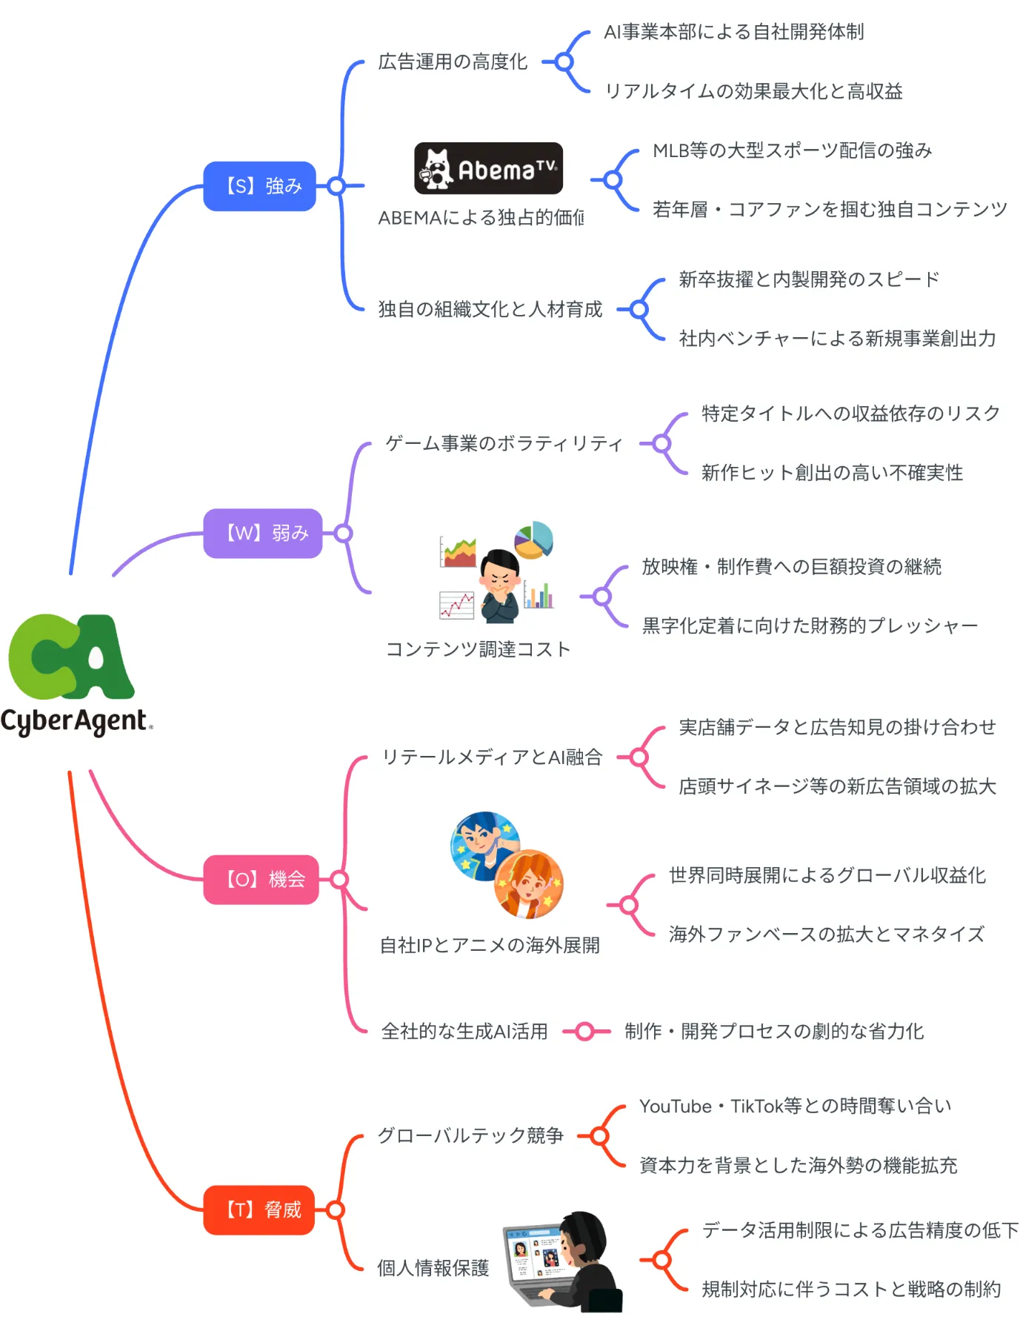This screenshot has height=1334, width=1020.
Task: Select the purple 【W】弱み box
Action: coord(262,533)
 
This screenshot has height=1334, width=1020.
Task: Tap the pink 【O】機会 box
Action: coord(261,880)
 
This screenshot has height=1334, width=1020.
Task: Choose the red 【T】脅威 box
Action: coord(259,1210)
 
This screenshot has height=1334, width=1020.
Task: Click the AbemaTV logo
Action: coord(488,168)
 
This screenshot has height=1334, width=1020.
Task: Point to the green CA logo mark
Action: coord(70,657)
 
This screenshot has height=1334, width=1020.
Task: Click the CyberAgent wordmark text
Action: coord(76,721)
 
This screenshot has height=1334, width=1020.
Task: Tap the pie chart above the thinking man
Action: coord(534,540)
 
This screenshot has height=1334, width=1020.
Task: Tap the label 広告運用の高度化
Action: coord(453,62)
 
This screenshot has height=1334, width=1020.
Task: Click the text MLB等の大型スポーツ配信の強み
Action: coord(792,150)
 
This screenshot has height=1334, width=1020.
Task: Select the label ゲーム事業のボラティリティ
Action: coord(504,443)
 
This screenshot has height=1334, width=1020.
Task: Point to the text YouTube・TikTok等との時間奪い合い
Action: coord(795,1106)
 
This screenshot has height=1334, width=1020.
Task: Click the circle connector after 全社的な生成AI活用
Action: coord(584,1031)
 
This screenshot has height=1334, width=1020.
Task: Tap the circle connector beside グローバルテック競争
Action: coord(599,1135)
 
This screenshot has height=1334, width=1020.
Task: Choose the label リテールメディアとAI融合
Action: coord(492,757)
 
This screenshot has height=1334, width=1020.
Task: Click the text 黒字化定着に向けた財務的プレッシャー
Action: coord(810,626)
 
